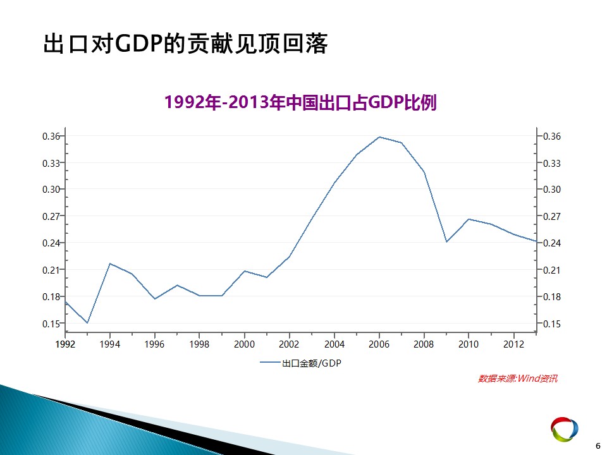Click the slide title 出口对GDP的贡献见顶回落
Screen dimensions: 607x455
point(185,44)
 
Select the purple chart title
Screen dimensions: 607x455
point(301,102)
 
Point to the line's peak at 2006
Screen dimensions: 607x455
point(379,137)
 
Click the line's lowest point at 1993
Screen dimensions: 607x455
point(87,323)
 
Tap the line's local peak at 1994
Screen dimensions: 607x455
point(110,264)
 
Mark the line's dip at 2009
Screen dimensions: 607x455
point(446,242)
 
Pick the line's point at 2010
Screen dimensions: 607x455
point(469,219)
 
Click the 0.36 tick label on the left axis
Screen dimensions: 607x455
point(51,136)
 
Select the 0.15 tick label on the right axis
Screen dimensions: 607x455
point(551,324)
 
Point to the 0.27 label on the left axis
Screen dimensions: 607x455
point(51,216)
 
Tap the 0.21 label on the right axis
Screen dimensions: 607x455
point(551,270)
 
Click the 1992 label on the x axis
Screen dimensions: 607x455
point(65,344)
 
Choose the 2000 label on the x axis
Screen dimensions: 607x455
point(244,344)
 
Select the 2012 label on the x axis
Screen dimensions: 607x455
point(513,344)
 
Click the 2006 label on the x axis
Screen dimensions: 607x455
point(379,344)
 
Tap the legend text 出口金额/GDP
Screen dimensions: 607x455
point(312,363)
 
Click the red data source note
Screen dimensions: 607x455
point(518,379)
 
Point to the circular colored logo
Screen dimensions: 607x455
point(565,429)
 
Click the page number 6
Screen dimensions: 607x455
point(598,446)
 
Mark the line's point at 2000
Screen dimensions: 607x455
point(245,271)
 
